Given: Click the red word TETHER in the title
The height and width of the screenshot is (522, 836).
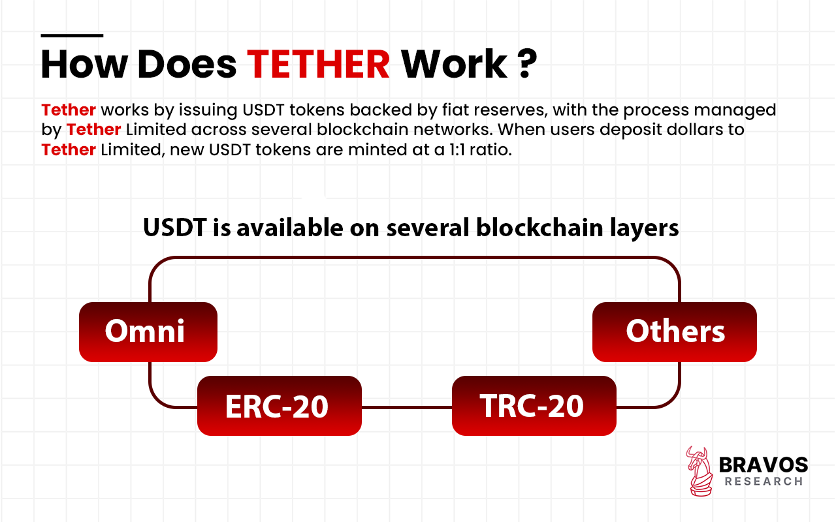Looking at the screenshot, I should click(319, 63).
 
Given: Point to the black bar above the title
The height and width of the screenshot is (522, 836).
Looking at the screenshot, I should click(72, 35).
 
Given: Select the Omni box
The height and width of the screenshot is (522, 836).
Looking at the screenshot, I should click(148, 331).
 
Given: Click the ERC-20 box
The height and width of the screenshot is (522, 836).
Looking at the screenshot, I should click(279, 406).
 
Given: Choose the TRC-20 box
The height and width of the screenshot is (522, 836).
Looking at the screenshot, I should click(534, 406).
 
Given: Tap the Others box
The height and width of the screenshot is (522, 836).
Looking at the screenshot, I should click(674, 331).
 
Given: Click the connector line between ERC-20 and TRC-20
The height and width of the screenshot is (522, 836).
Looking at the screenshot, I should click(406, 407).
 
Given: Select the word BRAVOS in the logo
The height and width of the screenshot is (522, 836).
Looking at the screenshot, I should click(763, 465).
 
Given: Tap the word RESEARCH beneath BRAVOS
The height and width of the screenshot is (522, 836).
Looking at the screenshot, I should click(763, 482).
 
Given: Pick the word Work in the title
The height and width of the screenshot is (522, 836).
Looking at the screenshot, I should click(453, 63).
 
